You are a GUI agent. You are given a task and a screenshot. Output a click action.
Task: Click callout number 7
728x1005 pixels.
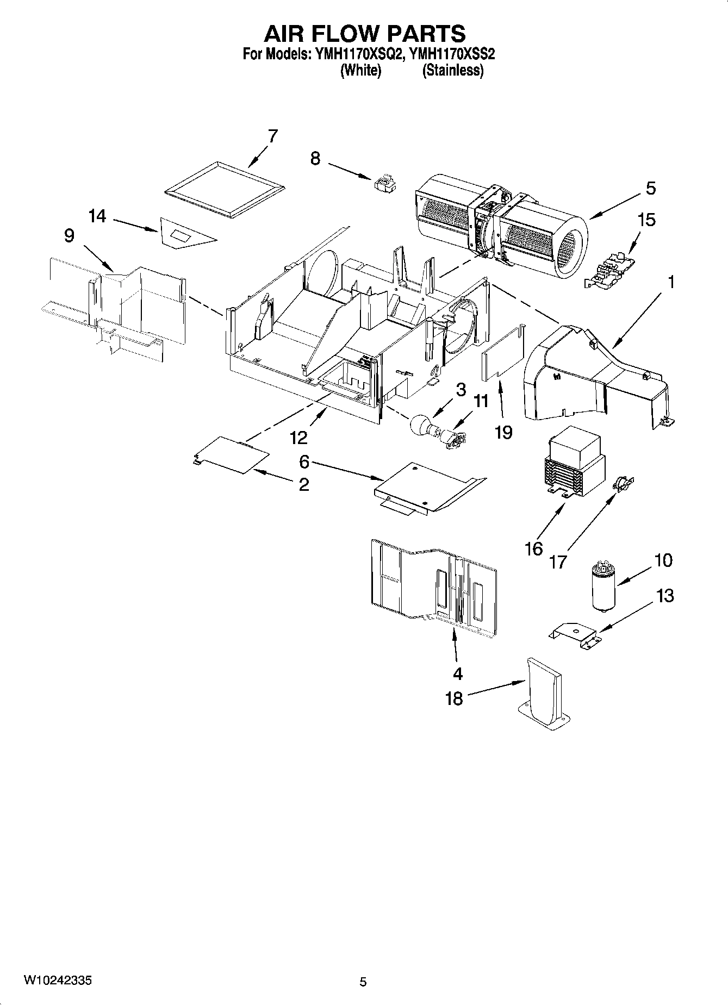272,136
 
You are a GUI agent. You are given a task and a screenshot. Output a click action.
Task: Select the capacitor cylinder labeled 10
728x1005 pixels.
601,587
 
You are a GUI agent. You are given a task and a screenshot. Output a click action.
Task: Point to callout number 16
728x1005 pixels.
534,548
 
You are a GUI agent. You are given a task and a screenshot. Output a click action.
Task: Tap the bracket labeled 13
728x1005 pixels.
574,634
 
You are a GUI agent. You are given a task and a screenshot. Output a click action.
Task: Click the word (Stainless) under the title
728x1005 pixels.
453,70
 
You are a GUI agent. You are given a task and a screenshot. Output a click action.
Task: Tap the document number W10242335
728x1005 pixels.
57,981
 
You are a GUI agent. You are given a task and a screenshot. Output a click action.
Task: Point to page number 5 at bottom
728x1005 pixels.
363,982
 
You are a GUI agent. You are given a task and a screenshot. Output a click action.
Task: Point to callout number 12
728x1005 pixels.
299,437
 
